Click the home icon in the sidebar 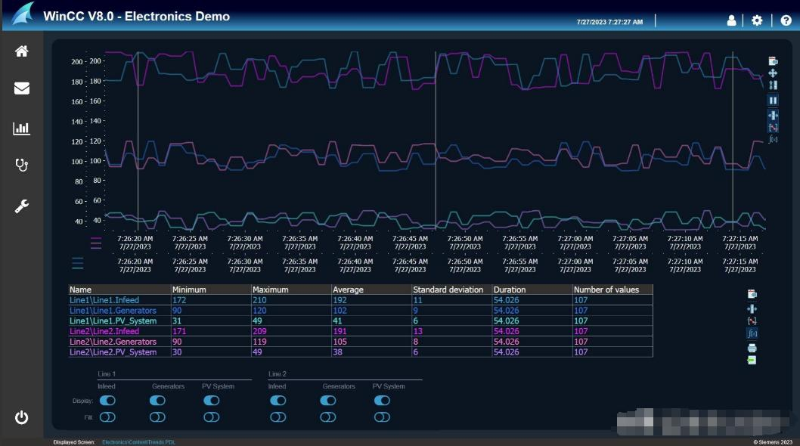(x=22, y=51)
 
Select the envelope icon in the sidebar (x=22, y=88)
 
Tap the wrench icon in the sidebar (x=22, y=206)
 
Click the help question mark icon (x=786, y=20)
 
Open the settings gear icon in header (x=757, y=20)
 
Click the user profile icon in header (x=731, y=20)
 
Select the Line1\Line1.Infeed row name (x=104, y=300)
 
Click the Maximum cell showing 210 (x=259, y=300)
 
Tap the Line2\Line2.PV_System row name (x=113, y=352)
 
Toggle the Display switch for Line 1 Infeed (x=107, y=401)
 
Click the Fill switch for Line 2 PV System (x=382, y=417)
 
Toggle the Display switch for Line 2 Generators (x=327, y=401)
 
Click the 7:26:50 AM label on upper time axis (x=464, y=238)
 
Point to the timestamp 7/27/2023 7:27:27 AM (x=609, y=22)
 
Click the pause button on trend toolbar (x=773, y=101)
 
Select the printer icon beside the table (x=752, y=348)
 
